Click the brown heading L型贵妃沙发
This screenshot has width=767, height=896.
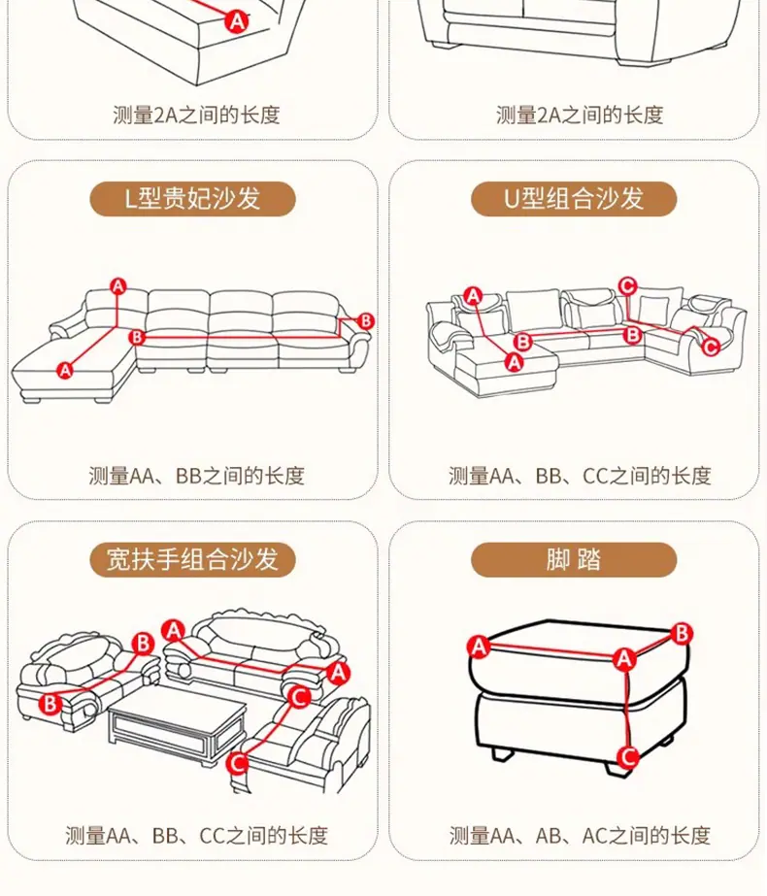pos(192,199)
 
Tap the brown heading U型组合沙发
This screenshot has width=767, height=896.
pos(574,199)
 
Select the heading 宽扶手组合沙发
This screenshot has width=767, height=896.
pos(192,559)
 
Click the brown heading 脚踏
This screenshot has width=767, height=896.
pos(574,559)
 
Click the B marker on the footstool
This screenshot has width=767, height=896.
pos(682,634)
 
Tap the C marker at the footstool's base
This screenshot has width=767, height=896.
pos(628,756)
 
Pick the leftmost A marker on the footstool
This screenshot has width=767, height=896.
pos(479,647)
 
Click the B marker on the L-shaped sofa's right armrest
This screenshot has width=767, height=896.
pos(366,320)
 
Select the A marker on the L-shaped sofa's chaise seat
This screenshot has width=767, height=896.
pos(65,370)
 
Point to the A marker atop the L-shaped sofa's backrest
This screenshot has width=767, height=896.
pos(117,285)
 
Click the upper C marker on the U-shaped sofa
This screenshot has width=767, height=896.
pos(627,285)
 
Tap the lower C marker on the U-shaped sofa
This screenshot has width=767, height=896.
pos(711,347)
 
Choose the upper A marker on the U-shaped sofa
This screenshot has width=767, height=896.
pos(473,296)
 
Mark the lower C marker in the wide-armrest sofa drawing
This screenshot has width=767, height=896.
pos(237,763)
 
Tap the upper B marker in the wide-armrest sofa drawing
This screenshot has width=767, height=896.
pos(143,644)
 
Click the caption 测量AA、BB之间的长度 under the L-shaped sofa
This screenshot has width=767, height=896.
pos(197,476)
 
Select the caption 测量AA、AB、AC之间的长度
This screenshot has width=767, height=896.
pos(580,836)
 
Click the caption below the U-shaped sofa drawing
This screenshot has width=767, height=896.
pos(580,476)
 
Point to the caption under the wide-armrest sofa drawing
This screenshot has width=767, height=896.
pos(197,836)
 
